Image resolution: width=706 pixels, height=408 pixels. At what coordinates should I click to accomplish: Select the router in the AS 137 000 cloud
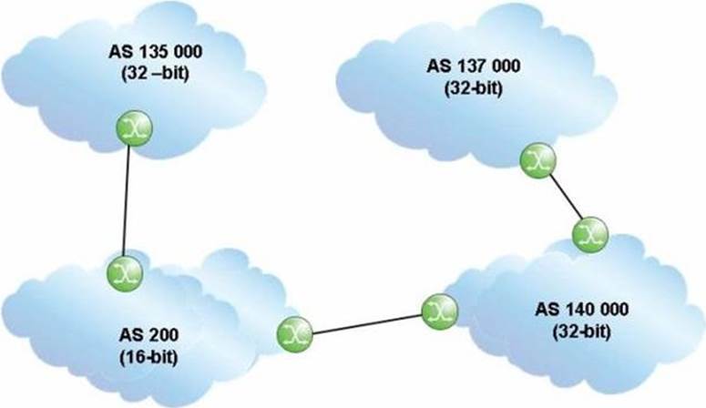coord(538,160)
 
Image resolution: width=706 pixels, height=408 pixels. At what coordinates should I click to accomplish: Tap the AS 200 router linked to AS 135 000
coord(125,273)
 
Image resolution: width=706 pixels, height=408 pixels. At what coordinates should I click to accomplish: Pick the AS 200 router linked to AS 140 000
coord(294,334)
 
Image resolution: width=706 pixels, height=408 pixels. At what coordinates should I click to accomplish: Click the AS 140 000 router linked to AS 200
coord(440,311)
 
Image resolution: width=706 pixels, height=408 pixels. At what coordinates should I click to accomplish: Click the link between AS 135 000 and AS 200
coord(127,201)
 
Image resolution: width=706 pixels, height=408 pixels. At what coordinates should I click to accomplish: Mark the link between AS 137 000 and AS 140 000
coord(565,197)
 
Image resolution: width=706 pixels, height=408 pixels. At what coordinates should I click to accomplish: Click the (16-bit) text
coord(148,358)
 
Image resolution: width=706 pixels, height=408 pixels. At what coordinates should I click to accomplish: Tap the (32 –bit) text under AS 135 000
coord(156,74)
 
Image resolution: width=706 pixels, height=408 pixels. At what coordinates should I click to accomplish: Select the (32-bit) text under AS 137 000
coord(473,88)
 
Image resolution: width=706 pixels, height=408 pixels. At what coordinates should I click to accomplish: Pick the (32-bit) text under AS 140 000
coord(581,331)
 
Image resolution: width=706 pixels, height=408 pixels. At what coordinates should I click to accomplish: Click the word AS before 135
coord(120,52)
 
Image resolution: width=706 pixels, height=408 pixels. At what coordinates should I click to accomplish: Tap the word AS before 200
coord(130,335)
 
